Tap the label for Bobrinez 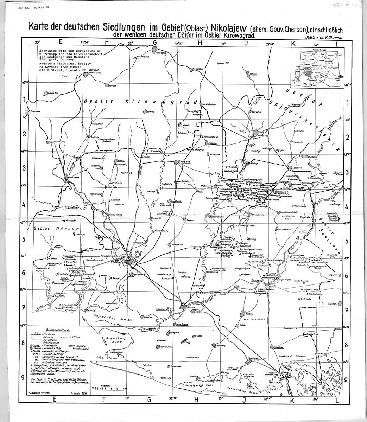tap(151, 111)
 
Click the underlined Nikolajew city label tap(118, 262)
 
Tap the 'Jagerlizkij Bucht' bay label tap(111, 340)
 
